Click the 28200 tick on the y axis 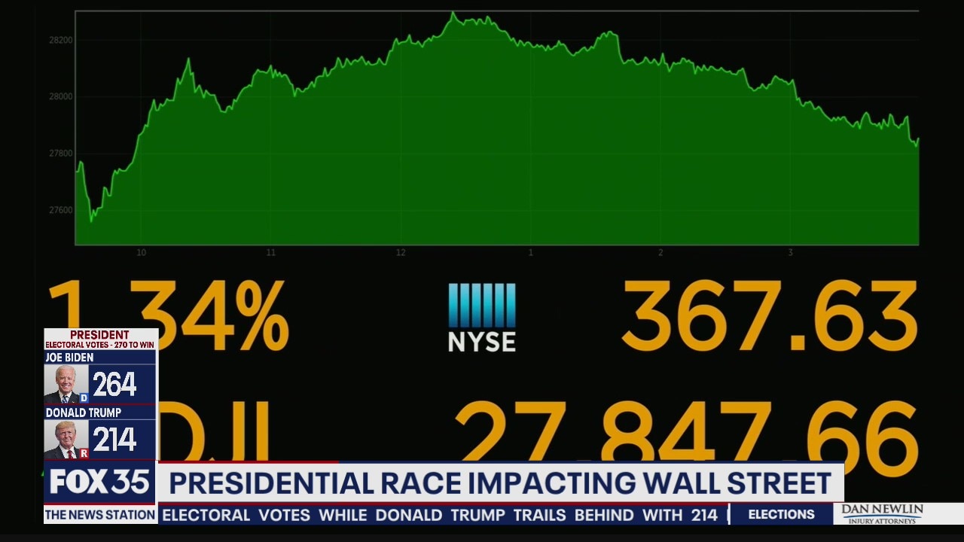pyautogui.click(x=61, y=40)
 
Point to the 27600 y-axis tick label pyautogui.click(x=61, y=210)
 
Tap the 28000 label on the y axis pyautogui.click(x=61, y=96)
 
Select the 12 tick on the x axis pyautogui.click(x=401, y=253)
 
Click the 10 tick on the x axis pyautogui.click(x=141, y=253)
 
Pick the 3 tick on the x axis pyautogui.click(x=790, y=253)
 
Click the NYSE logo pyautogui.click(x=482, y=317)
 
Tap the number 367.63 pyautogui.click(x=769, y=317)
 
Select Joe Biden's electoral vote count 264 pyautogui.click(x=114, y=385)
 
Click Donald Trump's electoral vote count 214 pyautogui.click(x=114, y=440)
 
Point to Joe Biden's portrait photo pyautogui.click(x=65, y=385)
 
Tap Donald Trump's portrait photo pyautogui.click(x=65, y=440)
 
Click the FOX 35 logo pyautogui.click(x=99, y=483)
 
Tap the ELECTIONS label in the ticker pyautogui.click(x=781, y=515)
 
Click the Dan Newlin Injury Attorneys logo pyautogui.click(x=882, y=514)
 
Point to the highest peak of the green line pyautogui.click(x=453, y=13)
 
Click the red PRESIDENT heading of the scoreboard pyautogui.click(x=99, y=335)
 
